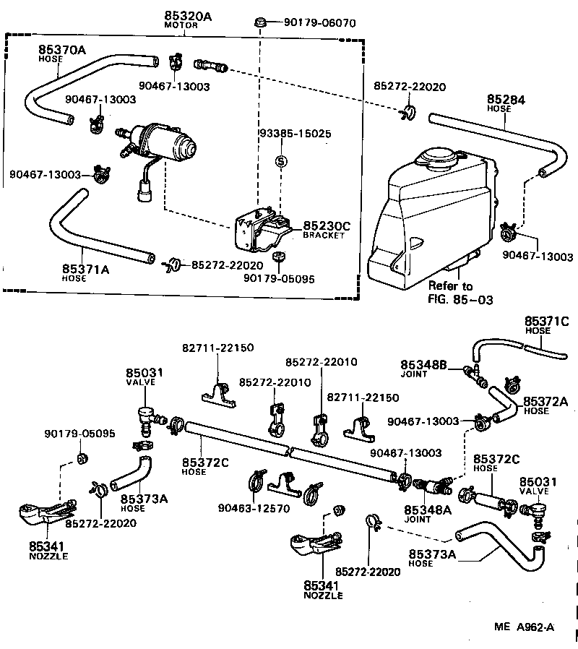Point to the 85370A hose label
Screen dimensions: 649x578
pyautogui.click(x=61, y=50)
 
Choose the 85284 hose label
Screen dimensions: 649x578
pyautogui.click(x=506, y=100)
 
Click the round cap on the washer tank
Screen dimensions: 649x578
pyautogui.click(x=439, y=157)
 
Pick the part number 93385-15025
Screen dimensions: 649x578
pyautogui.click(x=295, y=134)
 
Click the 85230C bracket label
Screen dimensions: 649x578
pyautogui.click(x=326, y=226)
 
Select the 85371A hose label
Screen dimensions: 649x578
pyautogui.click(x=85, y=270)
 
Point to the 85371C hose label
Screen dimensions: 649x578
pyautogui.click(x=546, y=321)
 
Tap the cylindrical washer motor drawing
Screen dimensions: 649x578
pyautogui.click(x=168, y=142)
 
